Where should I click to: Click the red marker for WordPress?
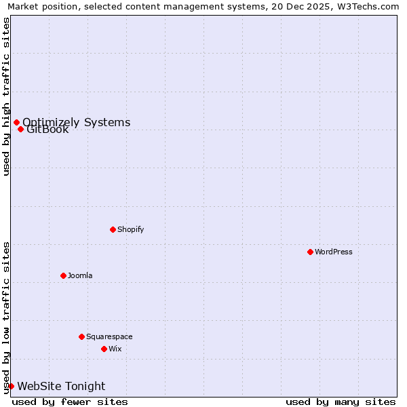310,252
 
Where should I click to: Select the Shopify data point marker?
113,229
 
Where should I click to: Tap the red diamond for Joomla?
63,275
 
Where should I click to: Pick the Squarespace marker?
81,336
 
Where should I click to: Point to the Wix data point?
104,349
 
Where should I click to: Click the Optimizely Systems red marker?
16,122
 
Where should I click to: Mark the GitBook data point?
21,129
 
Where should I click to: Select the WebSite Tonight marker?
11,386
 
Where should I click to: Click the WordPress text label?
334,252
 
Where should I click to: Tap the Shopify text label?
131,229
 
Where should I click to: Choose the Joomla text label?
80,275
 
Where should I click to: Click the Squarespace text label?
109,336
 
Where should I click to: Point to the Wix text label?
115,349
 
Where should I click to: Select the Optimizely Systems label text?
77,122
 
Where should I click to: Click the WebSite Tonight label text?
61,386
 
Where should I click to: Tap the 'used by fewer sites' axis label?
70,402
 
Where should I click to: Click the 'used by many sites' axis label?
341,402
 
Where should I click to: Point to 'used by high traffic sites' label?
6,96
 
